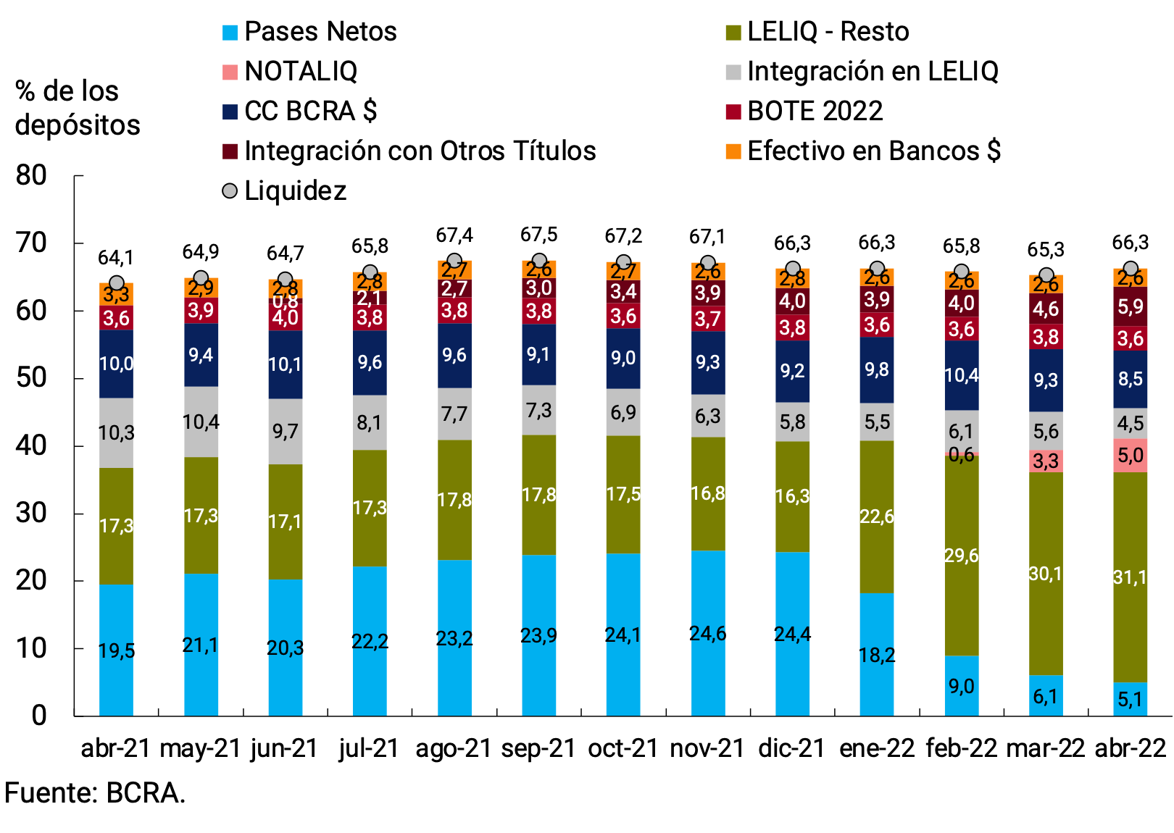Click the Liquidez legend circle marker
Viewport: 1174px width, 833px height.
[230, 191]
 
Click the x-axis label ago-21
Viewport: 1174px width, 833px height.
[454, 748]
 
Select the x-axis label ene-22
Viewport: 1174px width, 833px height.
[877, 748]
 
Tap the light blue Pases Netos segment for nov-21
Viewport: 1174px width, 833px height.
[708, 633]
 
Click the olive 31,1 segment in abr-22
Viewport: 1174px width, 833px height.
[1131, 577]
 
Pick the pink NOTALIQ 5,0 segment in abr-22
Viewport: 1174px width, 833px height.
[1131, 456]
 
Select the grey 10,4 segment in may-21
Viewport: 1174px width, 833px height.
[201, 422]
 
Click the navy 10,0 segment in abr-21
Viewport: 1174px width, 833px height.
[116, 364]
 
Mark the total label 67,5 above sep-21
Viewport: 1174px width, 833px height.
[538, 235]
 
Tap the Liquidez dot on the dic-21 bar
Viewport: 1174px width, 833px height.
[793, 269]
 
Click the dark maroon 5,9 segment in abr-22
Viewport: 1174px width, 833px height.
[1131, 306]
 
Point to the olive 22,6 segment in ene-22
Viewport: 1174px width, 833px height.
[877, 516]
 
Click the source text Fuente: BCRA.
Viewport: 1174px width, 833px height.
[95, 793]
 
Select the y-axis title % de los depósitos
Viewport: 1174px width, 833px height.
[76, 108]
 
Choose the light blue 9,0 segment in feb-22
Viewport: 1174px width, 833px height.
[962, 686]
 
